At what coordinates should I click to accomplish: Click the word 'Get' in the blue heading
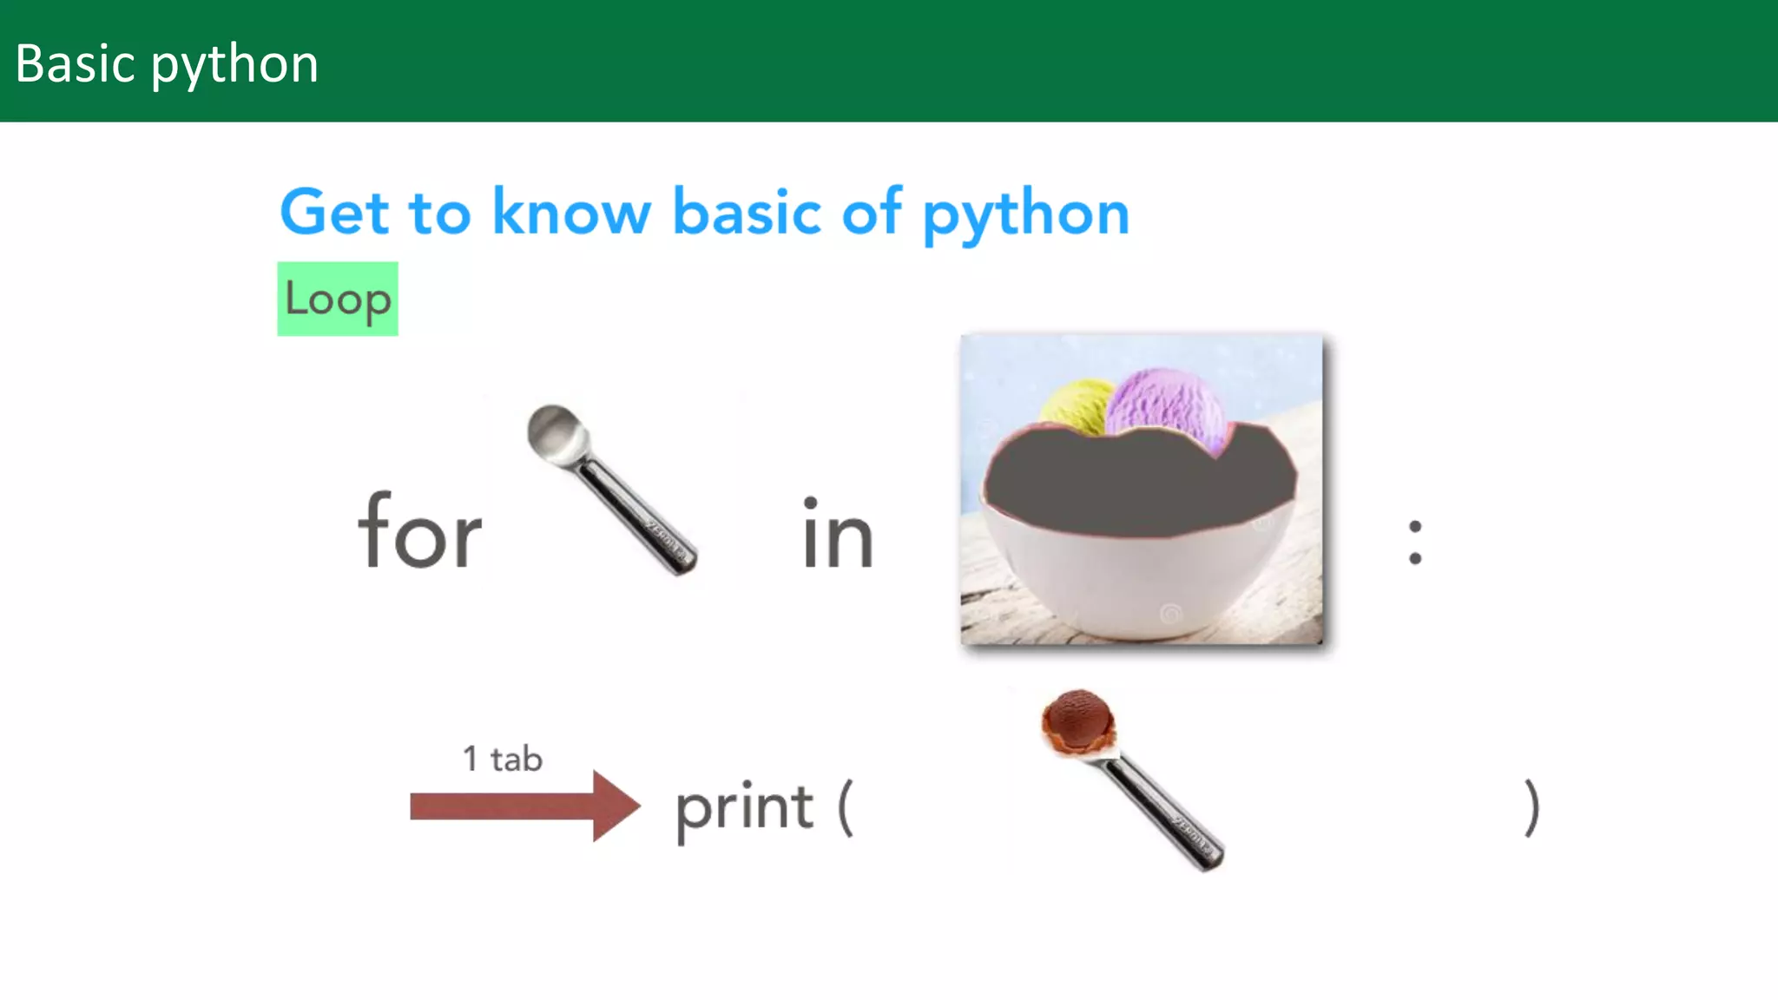[x=334, y=213]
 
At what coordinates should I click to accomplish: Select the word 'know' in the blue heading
[x=571, y=213]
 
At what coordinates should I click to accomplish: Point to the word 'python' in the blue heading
[x=1025, y=216]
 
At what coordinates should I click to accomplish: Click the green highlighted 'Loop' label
[x=338, y=299]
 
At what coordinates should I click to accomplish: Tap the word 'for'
[x=420, y=531]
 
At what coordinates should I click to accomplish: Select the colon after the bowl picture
[x=1415, y=542]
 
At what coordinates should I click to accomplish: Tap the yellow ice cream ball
[x=1075, y=405]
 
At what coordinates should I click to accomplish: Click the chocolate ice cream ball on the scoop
[x=1078, y=720]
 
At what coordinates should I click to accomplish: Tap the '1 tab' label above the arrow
[x=503, y=759]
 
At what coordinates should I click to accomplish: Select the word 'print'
[x=745, y=808]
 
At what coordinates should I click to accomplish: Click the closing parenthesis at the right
[x=1532, y=808]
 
